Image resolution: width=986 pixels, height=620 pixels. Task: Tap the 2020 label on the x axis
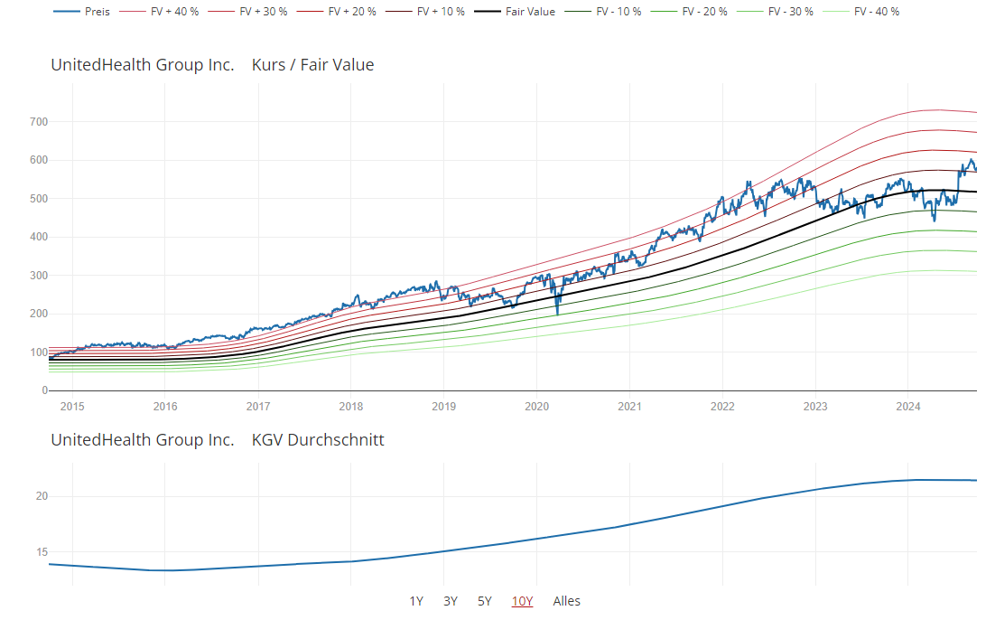pos(537,406)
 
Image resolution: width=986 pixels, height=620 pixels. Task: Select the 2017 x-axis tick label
pos(258,406)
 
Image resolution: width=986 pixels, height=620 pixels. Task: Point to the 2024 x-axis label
pos(907,406)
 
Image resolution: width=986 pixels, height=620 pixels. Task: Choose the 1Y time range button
pos(416,601)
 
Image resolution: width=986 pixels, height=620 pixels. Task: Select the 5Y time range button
pos(485,601)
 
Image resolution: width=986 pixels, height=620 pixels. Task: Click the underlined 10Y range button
pos(522,601)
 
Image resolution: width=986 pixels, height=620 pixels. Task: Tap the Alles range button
pos(567,601)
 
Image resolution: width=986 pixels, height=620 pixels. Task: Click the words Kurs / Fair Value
pos(312,65)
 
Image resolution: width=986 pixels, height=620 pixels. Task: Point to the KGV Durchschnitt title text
pos(318,440)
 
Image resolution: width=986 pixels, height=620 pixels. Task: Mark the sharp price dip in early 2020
pos(557,313)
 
